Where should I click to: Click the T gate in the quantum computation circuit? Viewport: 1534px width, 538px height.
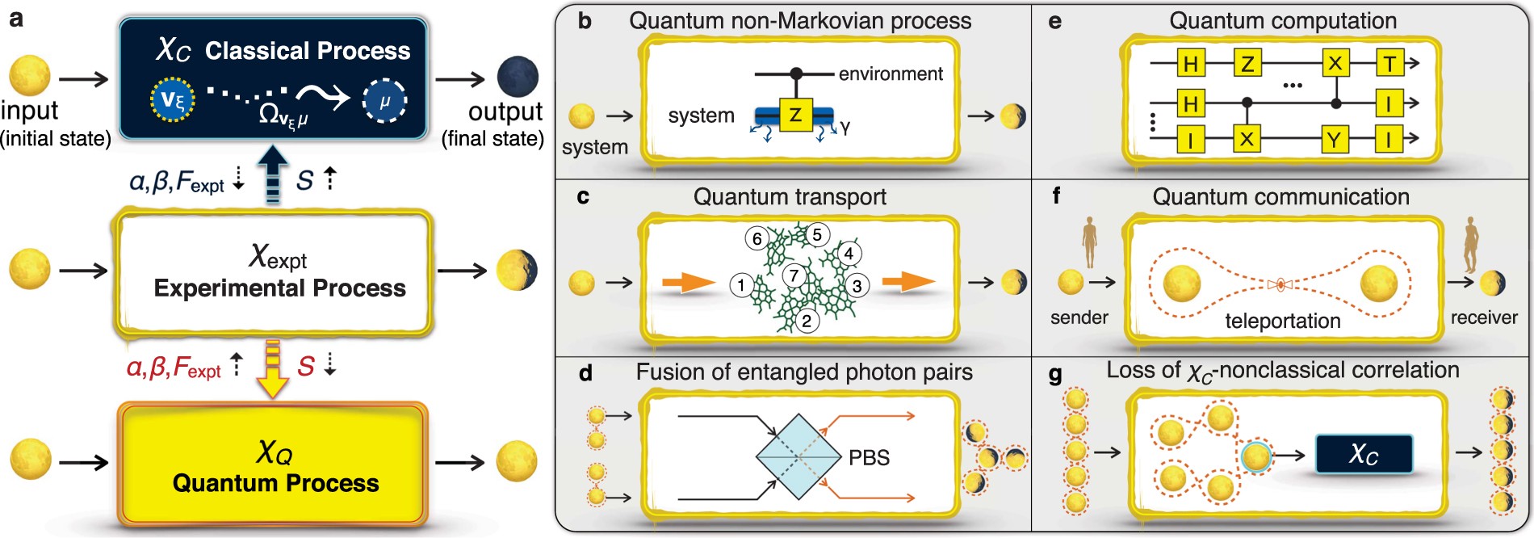pyautogui.click(x=1389, y=63)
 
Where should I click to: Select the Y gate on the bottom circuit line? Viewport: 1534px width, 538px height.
pyautogui.click(x=1334, y=140)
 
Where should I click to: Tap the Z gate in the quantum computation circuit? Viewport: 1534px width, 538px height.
pyautogui.click(x=1247, y=63)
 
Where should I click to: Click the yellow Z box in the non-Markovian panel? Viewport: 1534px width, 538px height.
pyautogui.click(x=794, y=115)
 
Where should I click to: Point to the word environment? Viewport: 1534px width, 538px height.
pyautogui.click(x=891, y=74)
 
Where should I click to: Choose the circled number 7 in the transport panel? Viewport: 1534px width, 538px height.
pyautogui.click(x=794, y=275)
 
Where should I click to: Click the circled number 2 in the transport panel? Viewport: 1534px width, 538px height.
pyautogui.click(x=807, y=321)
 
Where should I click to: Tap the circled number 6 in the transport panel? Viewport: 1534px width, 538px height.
pyautogui.click(x=757, y=238)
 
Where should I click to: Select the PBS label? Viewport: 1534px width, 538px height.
pyautogui.click(x=869, y=457)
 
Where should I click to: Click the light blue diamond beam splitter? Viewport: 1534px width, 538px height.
pyautogui.click(x=798, y=457)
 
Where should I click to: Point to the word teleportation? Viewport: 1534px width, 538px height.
pyautogui.click(x=1282, y=321)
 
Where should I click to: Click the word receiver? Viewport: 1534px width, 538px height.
pyautogui.click(x=1483, y=317)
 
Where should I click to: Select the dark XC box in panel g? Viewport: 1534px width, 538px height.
pyautogui.click(x=1364, y=454)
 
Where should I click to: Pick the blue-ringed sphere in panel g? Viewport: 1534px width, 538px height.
pyautogui.click(x=1255, y=457)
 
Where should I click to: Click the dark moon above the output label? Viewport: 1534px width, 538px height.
pyautogui.click(x=518, y=77)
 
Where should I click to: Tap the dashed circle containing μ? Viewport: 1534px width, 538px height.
pyautogui.click(x=384, y=101)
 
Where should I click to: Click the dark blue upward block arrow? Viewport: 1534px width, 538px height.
pyautogui.click(x=274, y=171)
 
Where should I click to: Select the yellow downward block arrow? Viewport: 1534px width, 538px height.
pyautogui.click(x=274, y=368)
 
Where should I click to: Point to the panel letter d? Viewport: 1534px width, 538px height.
pyautogui.click(x=585, y=372)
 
